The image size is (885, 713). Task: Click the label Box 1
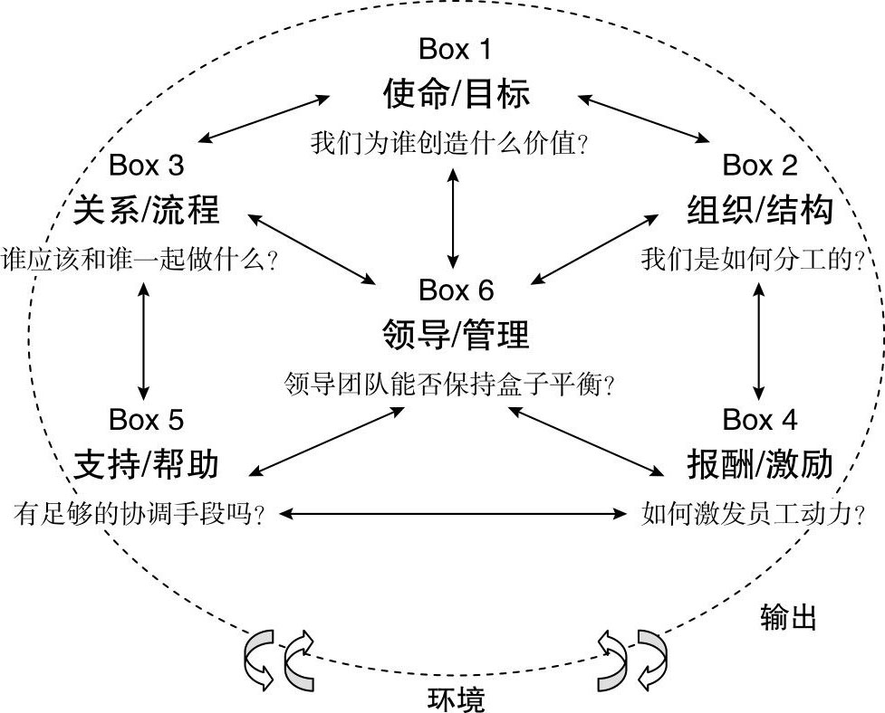(456, 48)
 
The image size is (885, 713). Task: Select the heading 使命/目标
(456, 92)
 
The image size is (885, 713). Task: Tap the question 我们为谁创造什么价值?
(450, 143)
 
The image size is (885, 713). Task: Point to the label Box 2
(760, 166)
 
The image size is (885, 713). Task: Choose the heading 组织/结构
(759, 210)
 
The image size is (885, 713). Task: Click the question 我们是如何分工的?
(752, 261)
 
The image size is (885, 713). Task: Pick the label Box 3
(146, 166)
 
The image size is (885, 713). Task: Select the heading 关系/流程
(147, 210)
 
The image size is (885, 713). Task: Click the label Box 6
(456, 290)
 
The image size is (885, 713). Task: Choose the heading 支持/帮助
(147, 464)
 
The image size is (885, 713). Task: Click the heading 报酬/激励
(759, 464)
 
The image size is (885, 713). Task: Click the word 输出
(788, 618)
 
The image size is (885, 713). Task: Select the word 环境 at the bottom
(455, 699)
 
